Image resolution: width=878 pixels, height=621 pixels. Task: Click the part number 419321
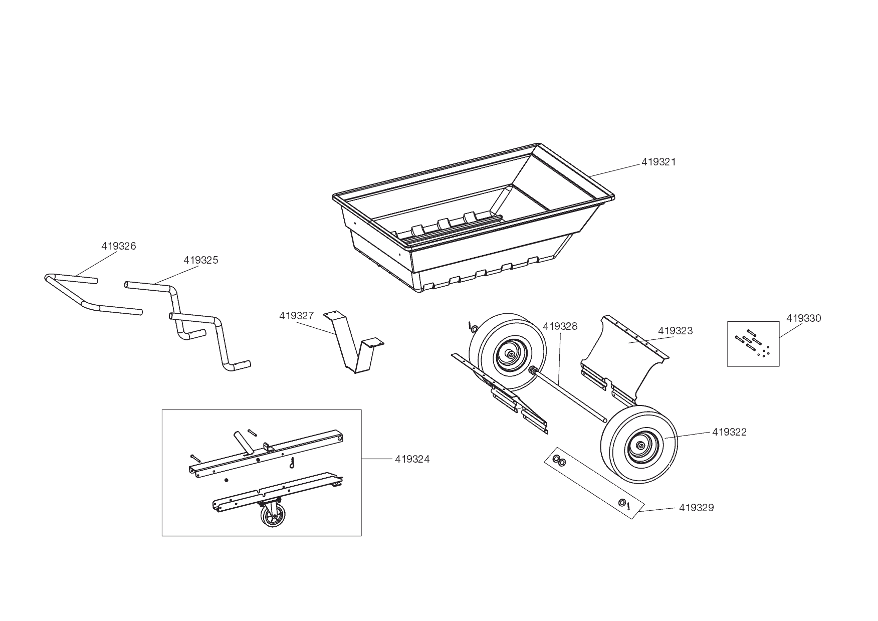coord(658,162)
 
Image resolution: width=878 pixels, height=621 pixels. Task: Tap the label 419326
coord(119,246)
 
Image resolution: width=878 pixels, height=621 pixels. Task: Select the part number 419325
coord(200,260)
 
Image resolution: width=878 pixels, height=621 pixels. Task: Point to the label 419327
coord(296,316)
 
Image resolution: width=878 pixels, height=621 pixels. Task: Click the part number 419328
coord(560,327)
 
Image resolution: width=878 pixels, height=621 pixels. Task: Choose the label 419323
coord(675,331)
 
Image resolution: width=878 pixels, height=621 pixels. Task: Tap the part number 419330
coord(803,318)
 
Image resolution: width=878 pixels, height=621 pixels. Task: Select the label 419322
coord(729,432)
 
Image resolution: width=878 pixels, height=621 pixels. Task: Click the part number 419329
coord(696,508)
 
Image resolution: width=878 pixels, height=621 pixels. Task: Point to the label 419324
coord(412,459)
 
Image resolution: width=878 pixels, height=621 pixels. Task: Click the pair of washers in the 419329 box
coord(559,461)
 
